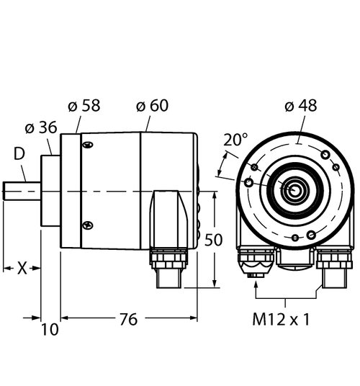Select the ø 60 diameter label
point(152,107)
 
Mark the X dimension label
point(22,268)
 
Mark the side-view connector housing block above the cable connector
point(167,216)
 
